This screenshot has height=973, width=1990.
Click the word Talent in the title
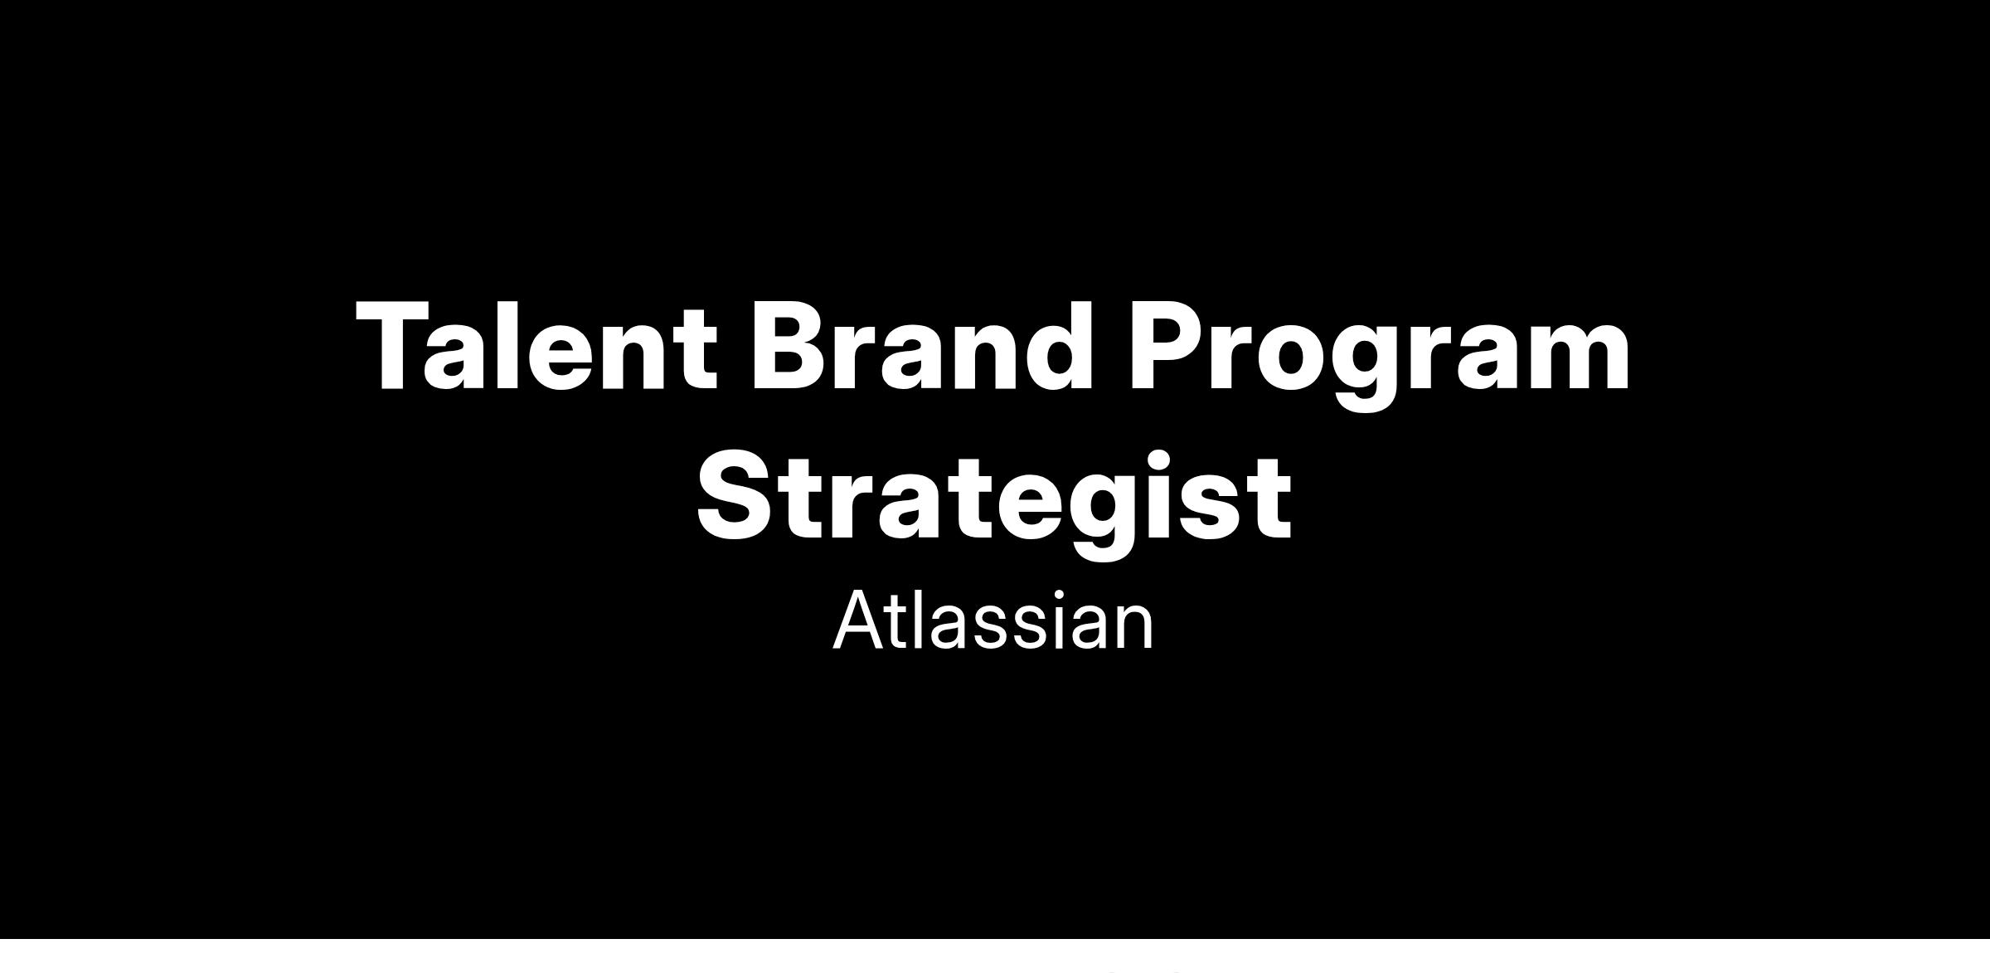click(536, 345)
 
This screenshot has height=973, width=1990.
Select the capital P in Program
click(1168, 347)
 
